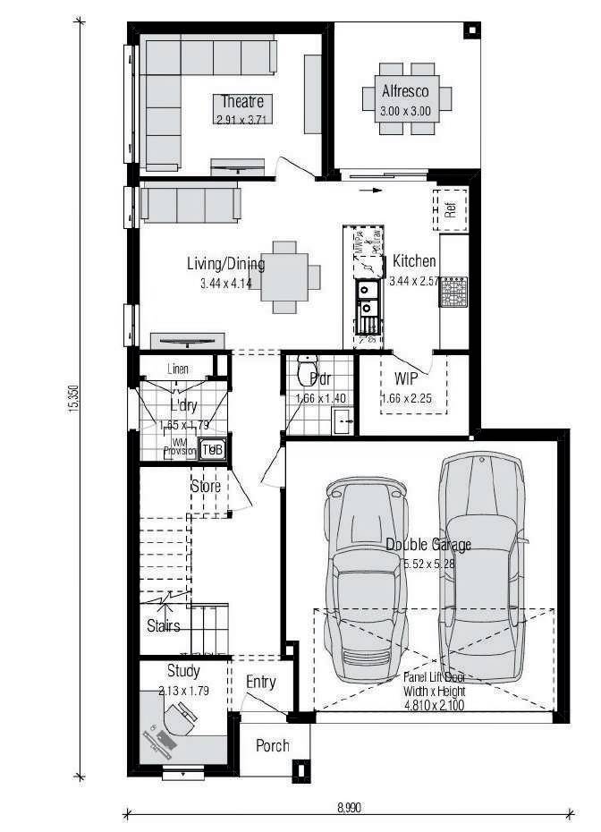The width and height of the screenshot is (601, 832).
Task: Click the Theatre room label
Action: click(x=242, y=101)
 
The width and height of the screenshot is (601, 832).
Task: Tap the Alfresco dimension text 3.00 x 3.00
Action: click(x=405, y=112)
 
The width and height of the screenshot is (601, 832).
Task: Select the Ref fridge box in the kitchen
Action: click(x=451, y=209)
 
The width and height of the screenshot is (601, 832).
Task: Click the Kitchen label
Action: click(x=414, y=261)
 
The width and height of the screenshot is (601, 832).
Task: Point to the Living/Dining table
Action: click(x=285, y=277)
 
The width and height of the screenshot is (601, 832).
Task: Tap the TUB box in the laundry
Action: click(x=212, y=450)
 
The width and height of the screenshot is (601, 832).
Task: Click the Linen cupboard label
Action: click(x=177, y=368)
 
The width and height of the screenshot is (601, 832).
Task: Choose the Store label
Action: click(x=206, y=487)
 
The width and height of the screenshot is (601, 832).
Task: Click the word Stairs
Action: click(x=163, y=626)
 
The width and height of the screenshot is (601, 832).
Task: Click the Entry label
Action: click(x=261, y=683)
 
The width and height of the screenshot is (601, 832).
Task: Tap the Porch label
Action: click(x=273, y=745)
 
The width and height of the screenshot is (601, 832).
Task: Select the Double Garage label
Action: click(x=427, y=545)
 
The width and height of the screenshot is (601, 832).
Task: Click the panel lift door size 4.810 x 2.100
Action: click(x=434, y=705)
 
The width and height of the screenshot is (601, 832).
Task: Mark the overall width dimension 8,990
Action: click(x=351, y=806)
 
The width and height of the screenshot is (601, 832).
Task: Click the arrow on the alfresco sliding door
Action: click(x=367, y=190)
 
